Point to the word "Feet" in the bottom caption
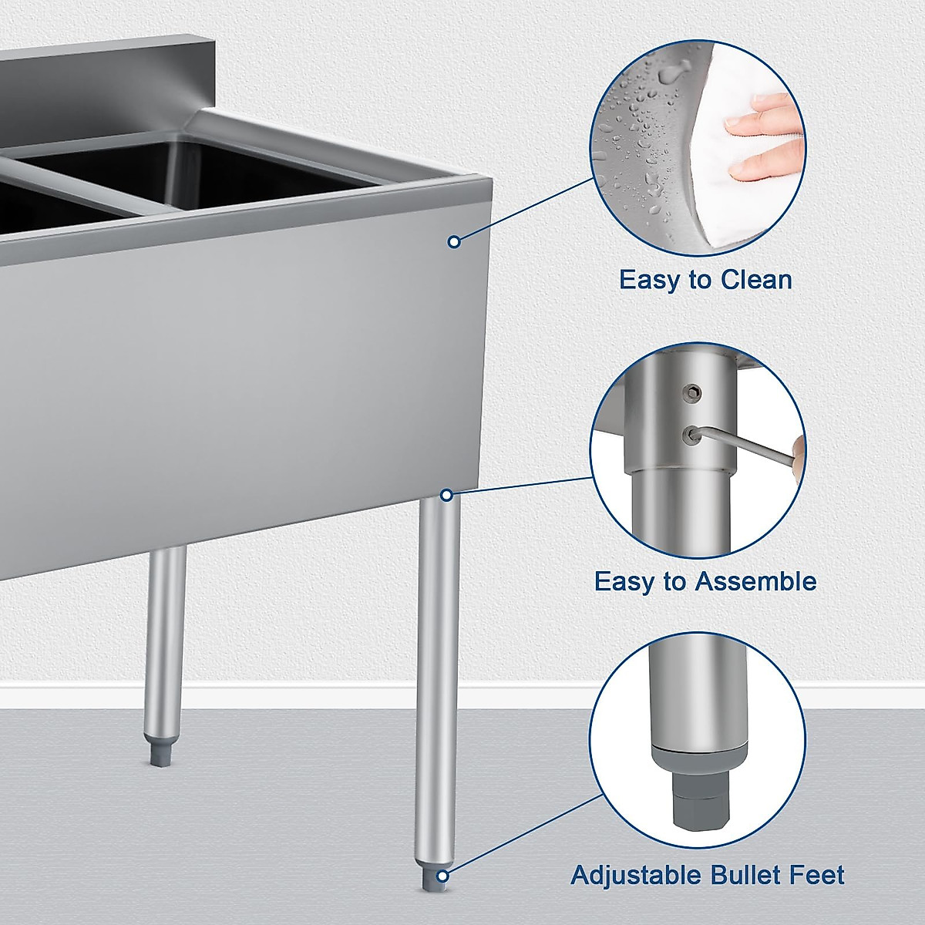(818, 875)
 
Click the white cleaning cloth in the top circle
(740, 193)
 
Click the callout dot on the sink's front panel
(454, 242)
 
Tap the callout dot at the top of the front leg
(446, 495)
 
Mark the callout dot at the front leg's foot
(443, 876)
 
